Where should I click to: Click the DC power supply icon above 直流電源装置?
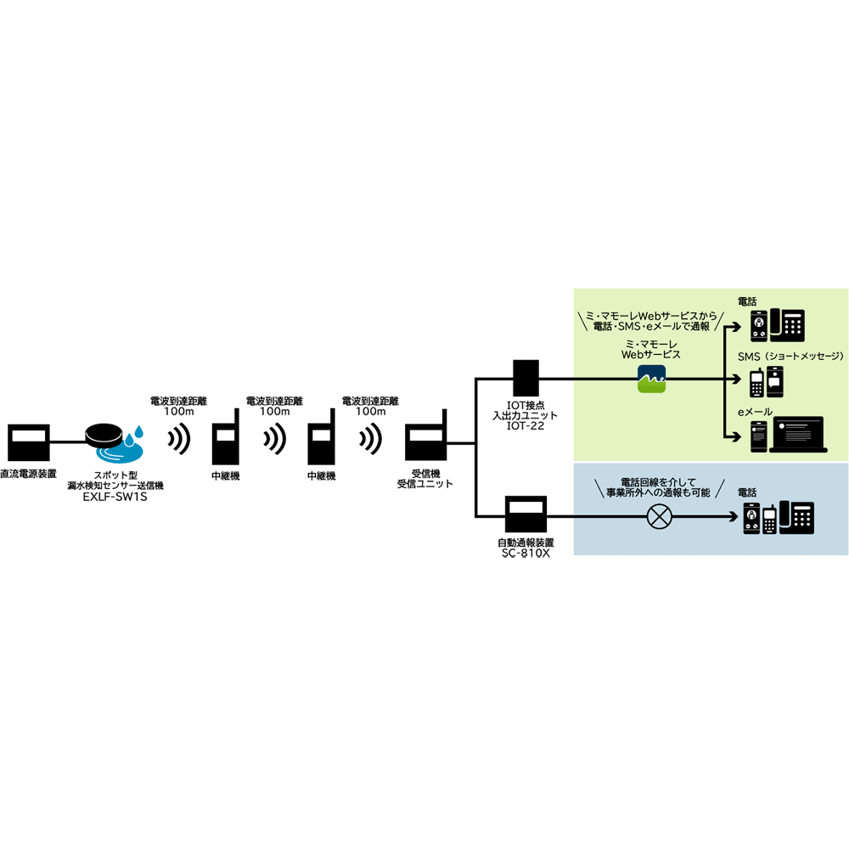28,443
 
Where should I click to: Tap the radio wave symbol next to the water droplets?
177,440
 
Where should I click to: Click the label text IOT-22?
526,426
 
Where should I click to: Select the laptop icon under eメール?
796,435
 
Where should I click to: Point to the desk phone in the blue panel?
796,516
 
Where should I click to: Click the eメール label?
754,411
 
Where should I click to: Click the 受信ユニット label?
424,484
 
